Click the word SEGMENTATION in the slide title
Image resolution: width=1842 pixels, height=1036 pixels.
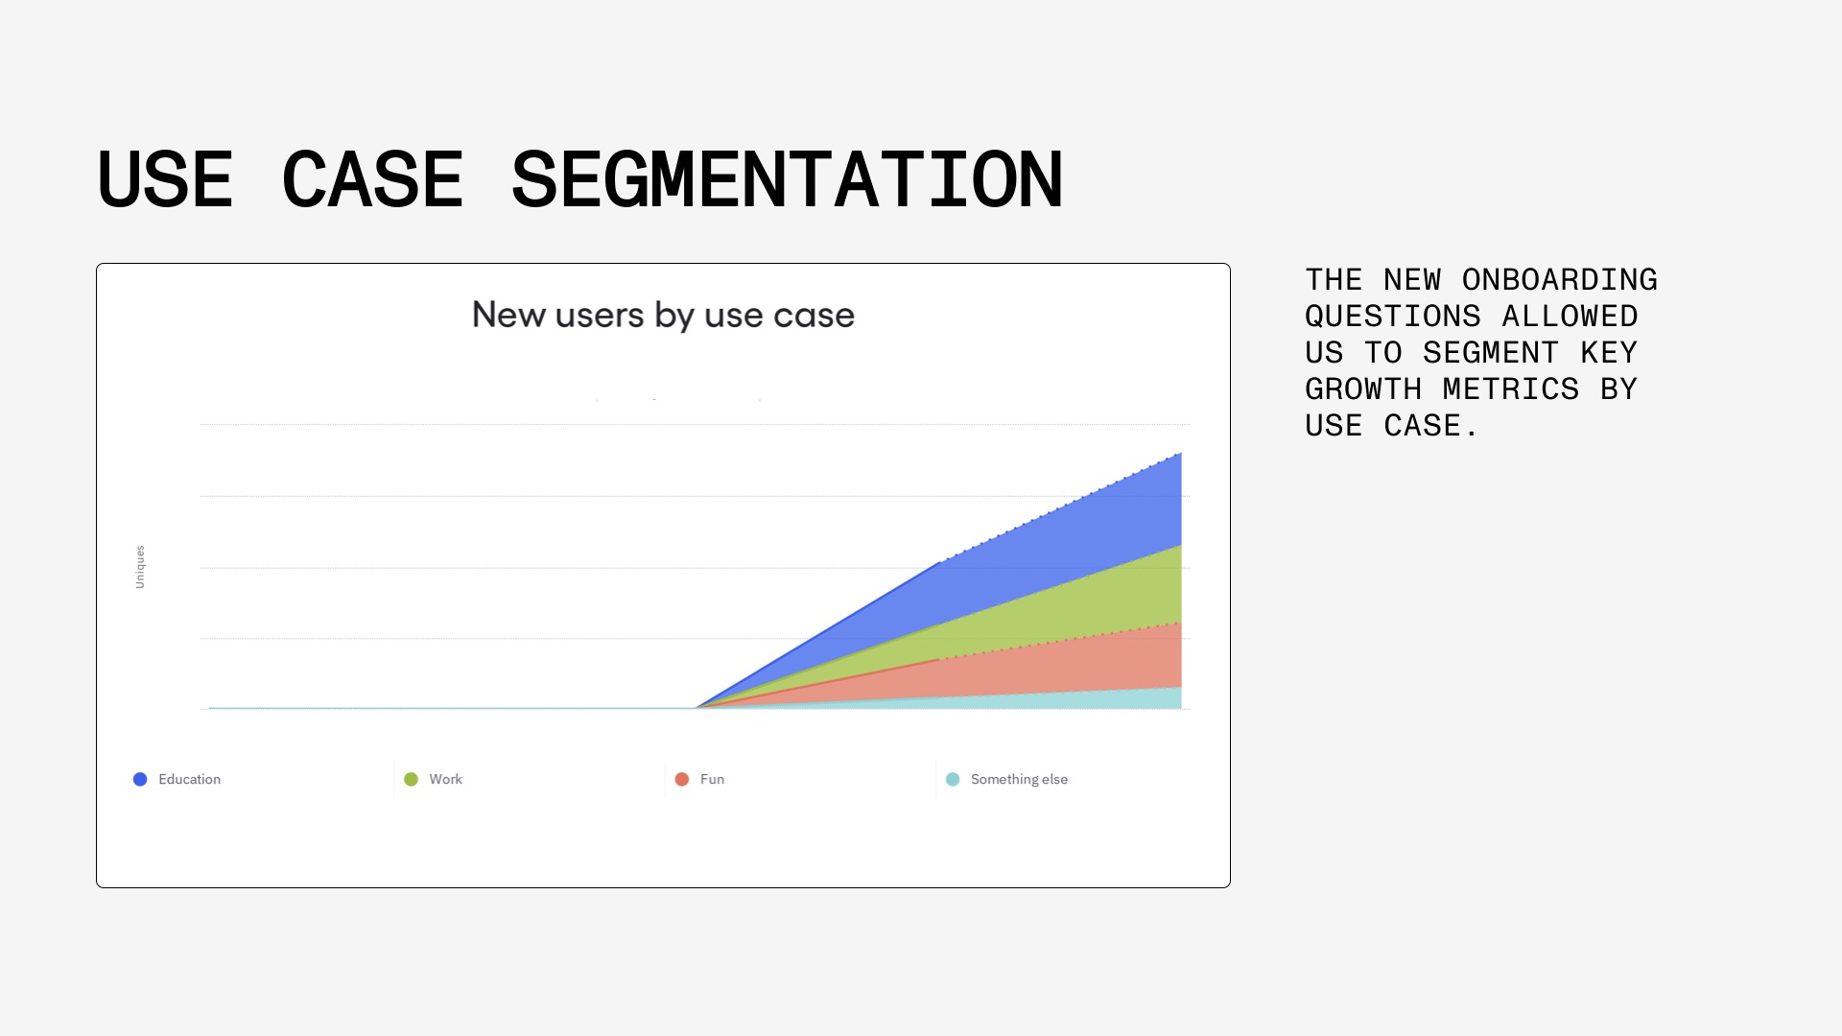pos(788,179)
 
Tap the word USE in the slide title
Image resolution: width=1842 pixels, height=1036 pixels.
pos(165,179)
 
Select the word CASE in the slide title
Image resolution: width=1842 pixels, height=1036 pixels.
pos(372,179)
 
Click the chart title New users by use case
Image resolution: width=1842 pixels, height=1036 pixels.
pos(663,315)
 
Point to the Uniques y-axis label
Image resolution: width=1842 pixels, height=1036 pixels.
pos(140,567)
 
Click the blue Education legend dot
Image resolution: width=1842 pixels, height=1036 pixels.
pos(140,779)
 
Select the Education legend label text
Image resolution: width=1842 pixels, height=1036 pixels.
pos(189,779)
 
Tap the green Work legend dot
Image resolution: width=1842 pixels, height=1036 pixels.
pos(411,779)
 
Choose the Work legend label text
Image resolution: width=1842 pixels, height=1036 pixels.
pos(445,779)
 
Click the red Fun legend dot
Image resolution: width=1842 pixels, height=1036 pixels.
pos(682,779)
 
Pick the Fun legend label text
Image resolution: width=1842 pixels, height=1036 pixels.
pos(712,779)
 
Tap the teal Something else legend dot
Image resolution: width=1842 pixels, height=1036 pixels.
pos(953,779)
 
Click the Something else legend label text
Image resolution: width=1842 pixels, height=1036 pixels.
pos(1019,779)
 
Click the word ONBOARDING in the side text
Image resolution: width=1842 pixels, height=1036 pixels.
pos(1560,279)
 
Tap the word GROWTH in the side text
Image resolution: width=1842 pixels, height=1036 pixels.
pos(1363,388)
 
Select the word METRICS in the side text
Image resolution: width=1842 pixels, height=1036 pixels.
pos(1511,388)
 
